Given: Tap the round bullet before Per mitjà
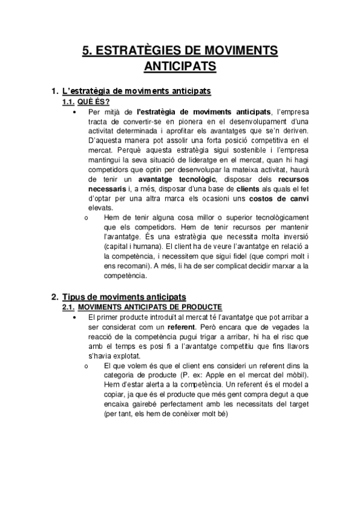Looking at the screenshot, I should click(x=74, y=111).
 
